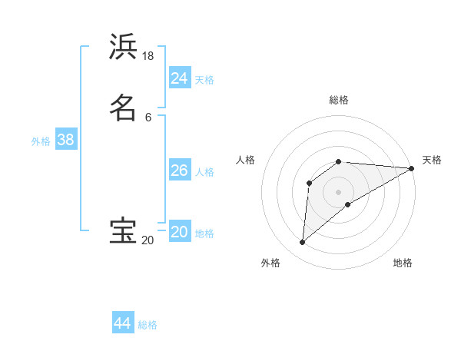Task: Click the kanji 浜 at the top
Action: coord(123,47)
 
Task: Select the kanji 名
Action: coord(123,108)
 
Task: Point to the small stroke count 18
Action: coord(148,56)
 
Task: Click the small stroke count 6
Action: coord(148,117)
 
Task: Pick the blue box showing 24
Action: coord(180,78)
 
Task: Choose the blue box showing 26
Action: coord(180,171)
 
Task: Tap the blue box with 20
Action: coord(180,233)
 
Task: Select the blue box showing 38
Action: coord(65,141)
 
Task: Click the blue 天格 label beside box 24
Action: coord(204,80)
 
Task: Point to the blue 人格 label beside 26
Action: coord(204,172)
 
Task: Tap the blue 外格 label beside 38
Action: coord(41,141)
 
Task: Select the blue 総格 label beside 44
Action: coord(148,325)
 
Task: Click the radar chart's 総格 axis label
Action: coord(339,100)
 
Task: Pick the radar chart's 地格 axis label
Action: coord(403,263)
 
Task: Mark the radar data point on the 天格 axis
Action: coord(412,168)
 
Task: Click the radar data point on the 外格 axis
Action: coord(302,243)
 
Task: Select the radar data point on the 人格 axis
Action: coord(309,183)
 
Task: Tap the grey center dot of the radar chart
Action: coord(339,192)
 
